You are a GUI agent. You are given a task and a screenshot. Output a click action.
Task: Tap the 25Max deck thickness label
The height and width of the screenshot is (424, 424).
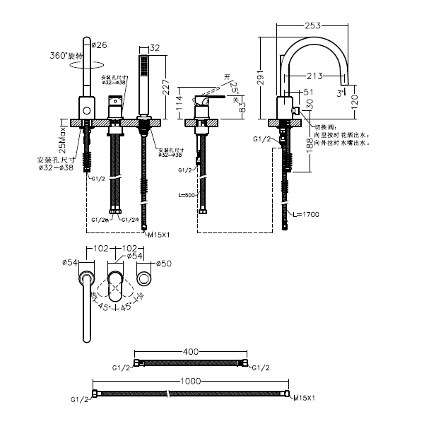63,138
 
